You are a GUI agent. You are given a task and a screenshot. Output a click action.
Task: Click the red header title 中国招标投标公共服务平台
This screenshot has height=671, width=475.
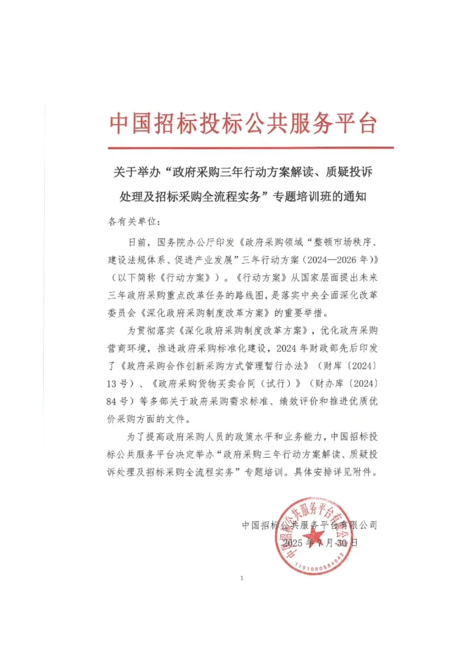click(x=243, y=123)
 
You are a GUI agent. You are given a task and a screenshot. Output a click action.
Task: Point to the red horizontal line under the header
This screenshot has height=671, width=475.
click(x=251, y=148)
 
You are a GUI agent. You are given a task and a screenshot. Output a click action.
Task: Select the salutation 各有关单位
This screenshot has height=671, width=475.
click(x=132, y=222)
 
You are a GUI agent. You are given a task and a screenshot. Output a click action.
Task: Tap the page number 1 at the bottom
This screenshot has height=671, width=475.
click(x=241, y=578)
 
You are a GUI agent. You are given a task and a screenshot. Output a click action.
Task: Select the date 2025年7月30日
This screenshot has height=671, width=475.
click(x=320, y=543)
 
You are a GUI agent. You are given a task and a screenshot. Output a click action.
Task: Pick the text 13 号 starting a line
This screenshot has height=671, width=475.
click(x=117, y=384)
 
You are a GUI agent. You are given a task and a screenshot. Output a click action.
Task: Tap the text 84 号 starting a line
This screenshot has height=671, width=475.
click(x=117, y=401)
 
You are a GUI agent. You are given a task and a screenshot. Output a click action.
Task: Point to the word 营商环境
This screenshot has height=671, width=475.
click(x=126, y=348)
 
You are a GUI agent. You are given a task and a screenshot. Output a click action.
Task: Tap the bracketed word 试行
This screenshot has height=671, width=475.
click(x=276, y=384)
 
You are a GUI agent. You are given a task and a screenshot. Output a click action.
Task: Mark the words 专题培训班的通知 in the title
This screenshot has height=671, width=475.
click(x=320, y=197)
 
